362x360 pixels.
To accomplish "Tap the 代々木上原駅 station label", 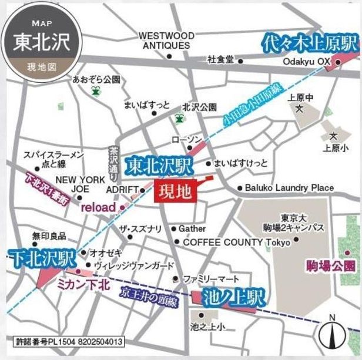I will [310, 42].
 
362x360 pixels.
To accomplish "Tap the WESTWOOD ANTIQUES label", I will [166, 41].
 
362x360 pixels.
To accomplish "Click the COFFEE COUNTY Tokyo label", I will [237, 242].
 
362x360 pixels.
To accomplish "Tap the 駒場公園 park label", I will [331, 265].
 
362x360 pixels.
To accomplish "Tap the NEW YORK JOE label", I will [81, 184].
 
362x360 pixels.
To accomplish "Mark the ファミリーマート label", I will [211, 278].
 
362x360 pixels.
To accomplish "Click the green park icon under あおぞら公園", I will [96, 91].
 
